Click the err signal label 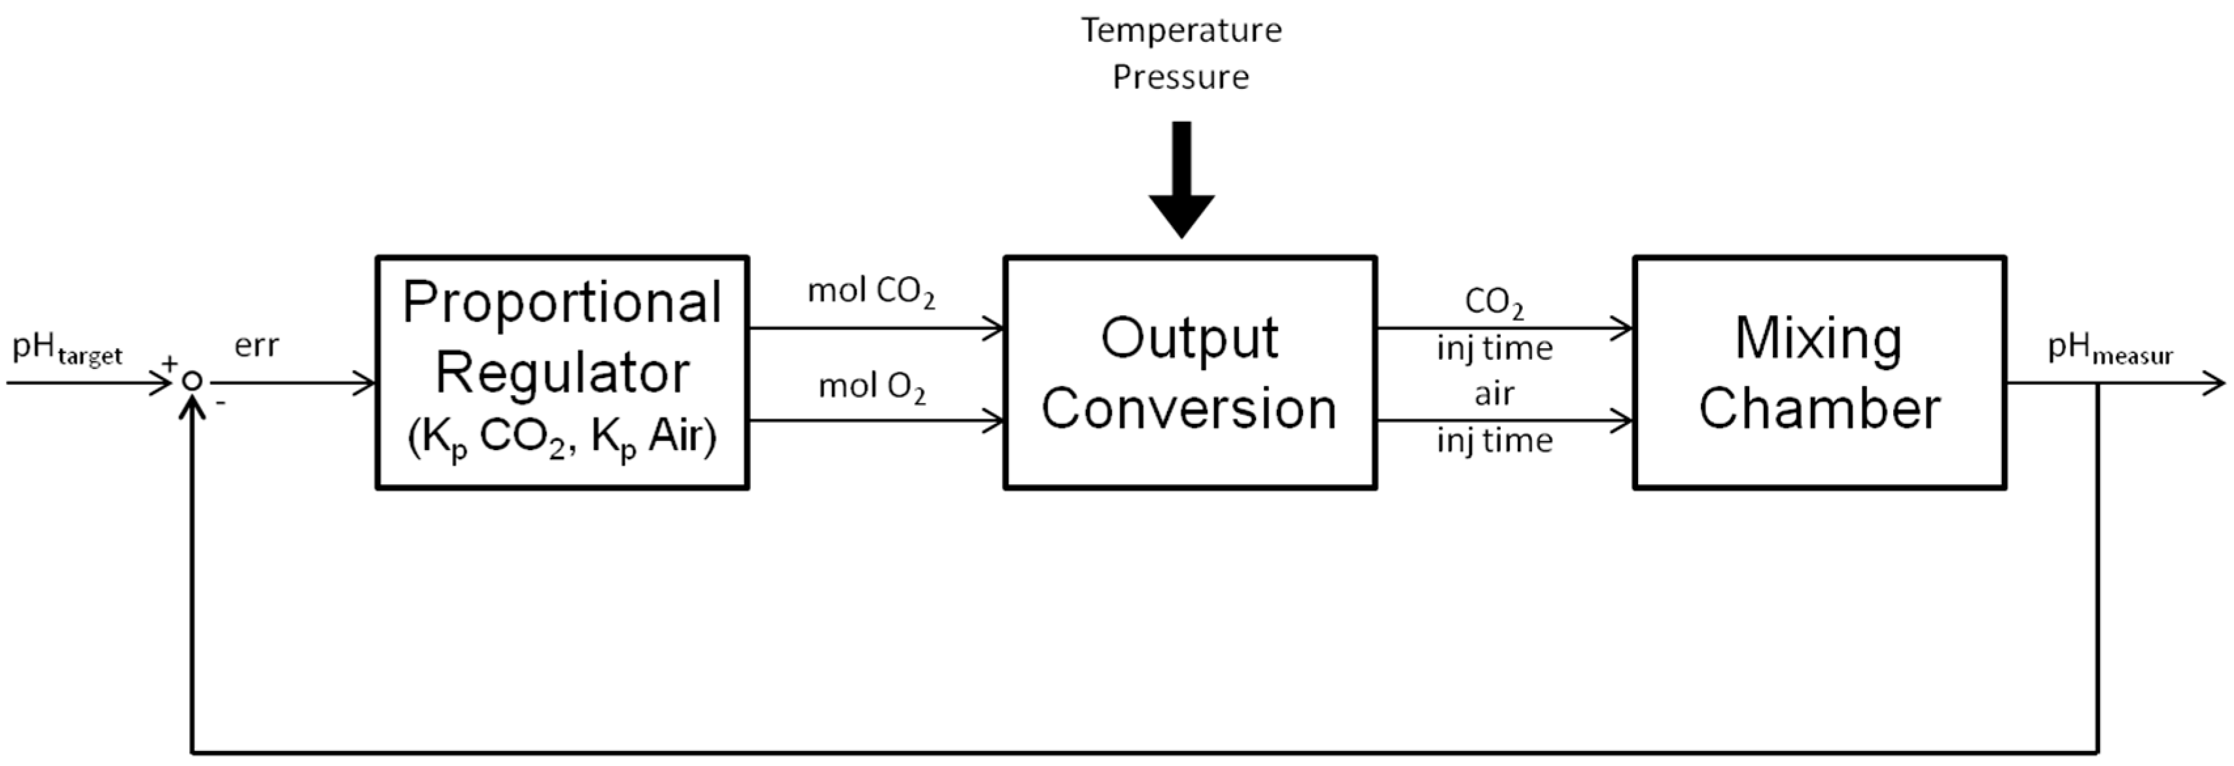pos(256,346)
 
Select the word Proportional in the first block pos(562,304)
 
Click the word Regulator pos(562,373)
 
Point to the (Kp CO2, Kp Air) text pos(562,439)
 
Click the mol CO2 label pos(871,293)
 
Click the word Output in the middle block pos(1189,338)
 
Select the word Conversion pos(1189,409)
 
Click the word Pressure pos(1181,78)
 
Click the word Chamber pos(1819,409)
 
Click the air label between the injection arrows pos(1494,394)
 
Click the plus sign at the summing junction pos(170,362)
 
